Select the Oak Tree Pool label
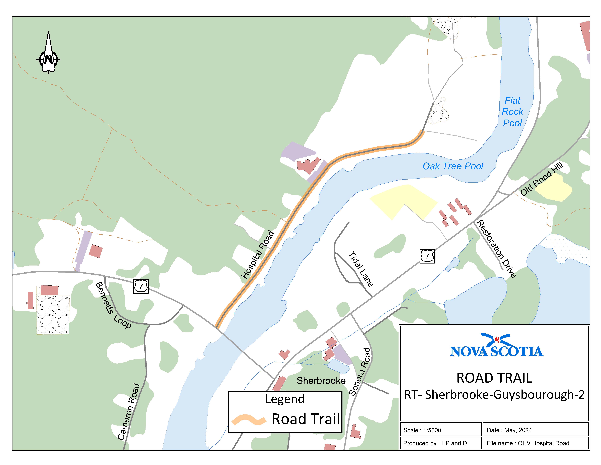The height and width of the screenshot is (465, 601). tap(453, 166)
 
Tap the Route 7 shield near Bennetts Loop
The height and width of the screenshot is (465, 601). tap(141, 286)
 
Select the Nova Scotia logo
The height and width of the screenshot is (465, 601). tap(496, 346)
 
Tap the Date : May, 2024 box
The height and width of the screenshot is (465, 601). tap(535, 430)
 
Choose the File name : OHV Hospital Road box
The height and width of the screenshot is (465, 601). tap(535, 443)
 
